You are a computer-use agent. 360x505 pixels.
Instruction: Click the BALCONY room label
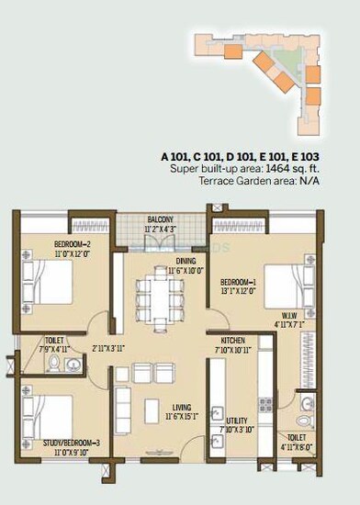166,219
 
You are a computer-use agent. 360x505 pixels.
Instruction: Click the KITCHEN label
225,340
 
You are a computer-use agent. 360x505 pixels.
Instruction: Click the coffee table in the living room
149,404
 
